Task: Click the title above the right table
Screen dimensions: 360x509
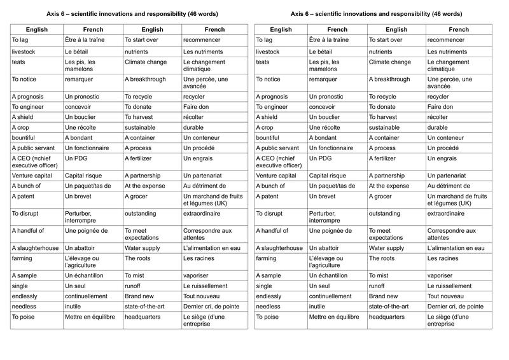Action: (376, 13)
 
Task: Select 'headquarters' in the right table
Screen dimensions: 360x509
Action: (389, 317)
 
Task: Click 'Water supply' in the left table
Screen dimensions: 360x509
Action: (145, 248)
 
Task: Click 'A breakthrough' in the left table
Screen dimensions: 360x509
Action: (145, 80)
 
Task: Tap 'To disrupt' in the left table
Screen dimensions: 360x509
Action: (27, 214)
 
